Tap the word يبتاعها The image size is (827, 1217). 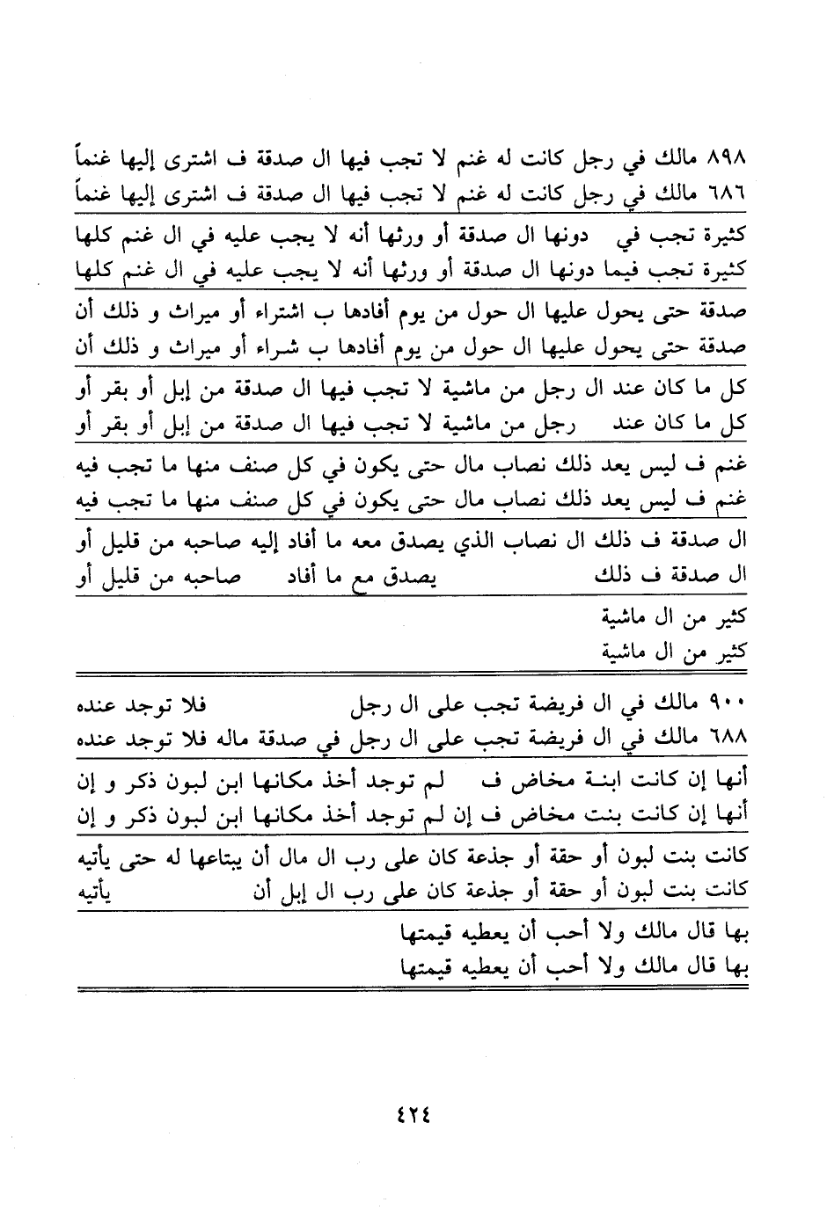[207, 856]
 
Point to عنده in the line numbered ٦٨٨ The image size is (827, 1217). [98, 739]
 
